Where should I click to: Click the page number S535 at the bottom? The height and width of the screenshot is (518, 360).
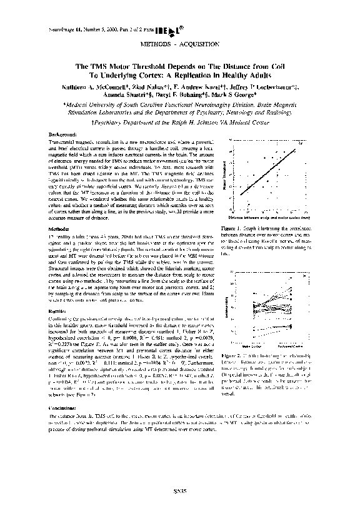tap(180, 491)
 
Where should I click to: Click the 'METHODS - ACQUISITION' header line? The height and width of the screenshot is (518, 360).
tap(179, 46)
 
